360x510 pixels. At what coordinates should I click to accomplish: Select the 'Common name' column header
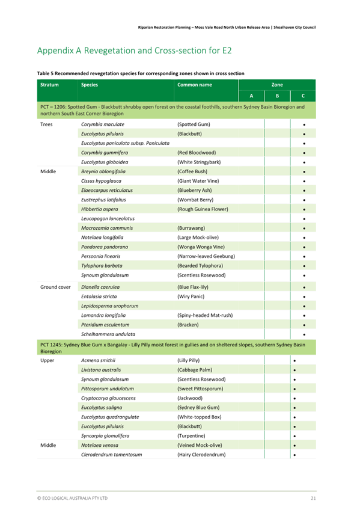pos(195,85)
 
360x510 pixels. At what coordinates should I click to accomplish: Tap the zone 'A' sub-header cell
pos(251,96)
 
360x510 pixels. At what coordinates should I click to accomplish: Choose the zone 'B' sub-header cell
pos(276,96)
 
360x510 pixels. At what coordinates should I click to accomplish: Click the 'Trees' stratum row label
pos(47,124)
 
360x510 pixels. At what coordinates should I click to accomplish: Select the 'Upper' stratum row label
pos(47,360)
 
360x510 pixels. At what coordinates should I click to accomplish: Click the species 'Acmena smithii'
pos(98,360)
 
